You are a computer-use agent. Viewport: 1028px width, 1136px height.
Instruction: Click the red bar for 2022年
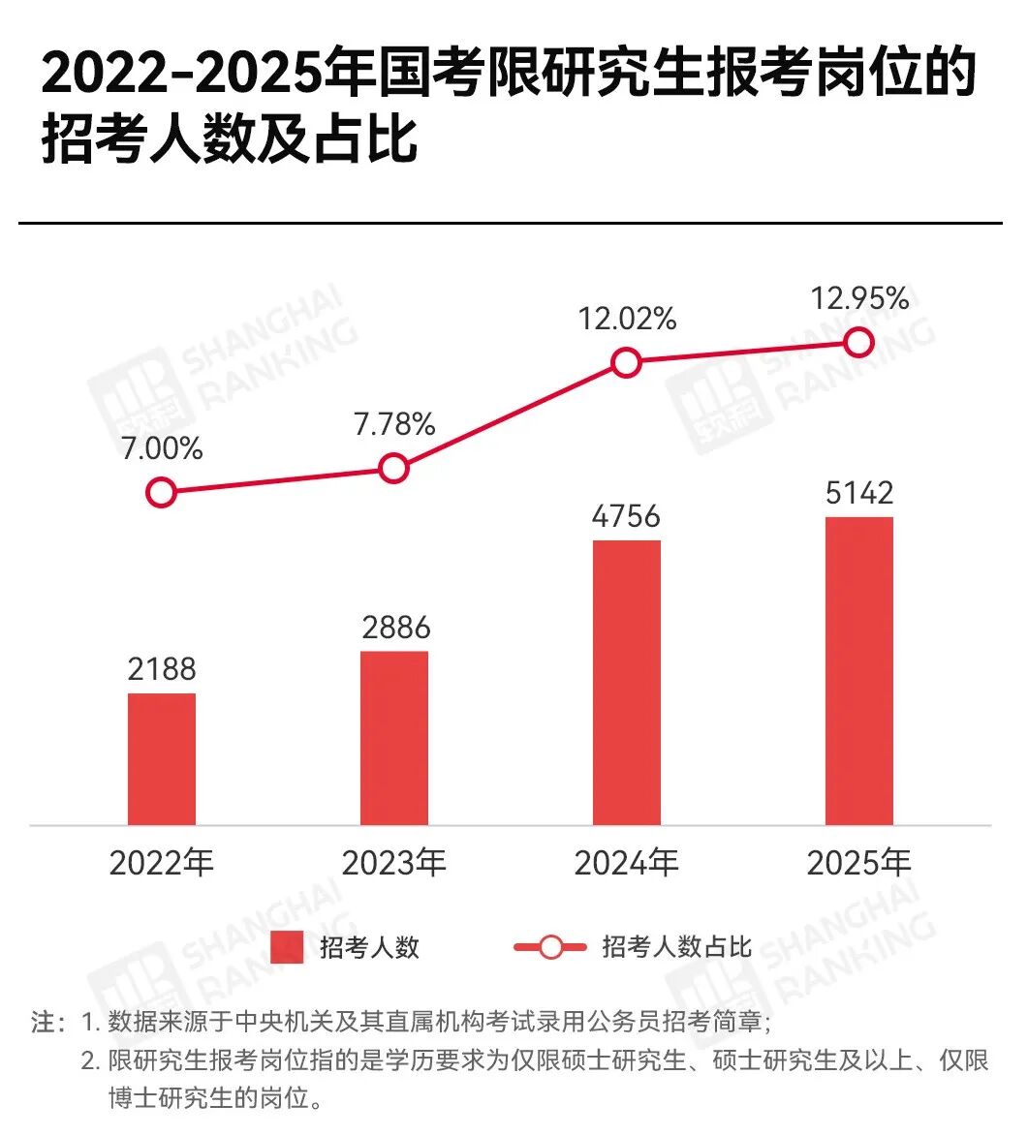point(162,758)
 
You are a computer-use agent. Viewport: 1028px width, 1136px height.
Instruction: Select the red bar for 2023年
point(394,737)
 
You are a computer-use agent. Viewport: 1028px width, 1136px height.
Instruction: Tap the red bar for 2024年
point(627,682)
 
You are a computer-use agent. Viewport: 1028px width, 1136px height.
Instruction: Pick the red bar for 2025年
point(859,670)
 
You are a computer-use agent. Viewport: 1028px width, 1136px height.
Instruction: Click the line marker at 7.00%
point(162,492)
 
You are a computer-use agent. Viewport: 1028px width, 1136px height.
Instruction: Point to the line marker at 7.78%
point(393,469)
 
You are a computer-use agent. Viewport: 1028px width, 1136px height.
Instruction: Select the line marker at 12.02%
point(627,363)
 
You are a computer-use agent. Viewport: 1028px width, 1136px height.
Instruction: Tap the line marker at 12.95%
point(859,342)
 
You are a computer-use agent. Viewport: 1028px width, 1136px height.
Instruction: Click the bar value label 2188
point(162,669)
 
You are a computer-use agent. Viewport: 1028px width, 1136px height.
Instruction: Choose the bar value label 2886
point(394,628)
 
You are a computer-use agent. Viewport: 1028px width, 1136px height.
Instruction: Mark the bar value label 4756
point(627,516)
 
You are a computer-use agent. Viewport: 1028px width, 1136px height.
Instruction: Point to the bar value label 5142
point(859,493)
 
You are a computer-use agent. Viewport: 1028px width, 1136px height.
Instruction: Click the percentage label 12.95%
point(860,298)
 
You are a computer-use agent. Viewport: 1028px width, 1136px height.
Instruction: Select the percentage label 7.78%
point(394,424)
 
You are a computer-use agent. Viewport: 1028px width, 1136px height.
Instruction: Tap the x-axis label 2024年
point(627,862)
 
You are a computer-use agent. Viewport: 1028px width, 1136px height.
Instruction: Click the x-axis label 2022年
point(162,862)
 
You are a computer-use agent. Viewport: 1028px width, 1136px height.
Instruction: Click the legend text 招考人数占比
point(676,947)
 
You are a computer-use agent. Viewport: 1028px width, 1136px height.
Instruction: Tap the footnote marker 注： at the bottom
point(48,1023)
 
